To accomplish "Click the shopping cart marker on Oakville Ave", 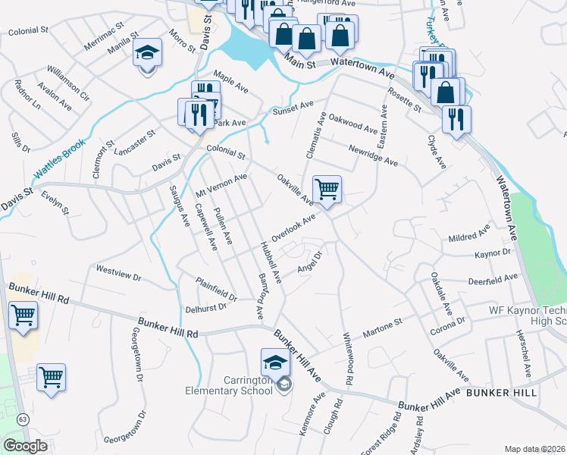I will click(x=327, y=190).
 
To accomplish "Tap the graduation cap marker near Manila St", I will click(x=147, y=53).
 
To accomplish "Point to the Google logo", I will click(x=25, y=446).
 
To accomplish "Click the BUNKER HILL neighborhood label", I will click(x=502, y=393).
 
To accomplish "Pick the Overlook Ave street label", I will click(x=293, y=227).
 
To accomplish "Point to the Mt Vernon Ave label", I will click(x=222, y=184).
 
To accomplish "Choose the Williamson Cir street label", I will click(x=68, y=84).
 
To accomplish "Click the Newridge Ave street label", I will click(x=373, y=156).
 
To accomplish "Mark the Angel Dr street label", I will click(x=310, y=262).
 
